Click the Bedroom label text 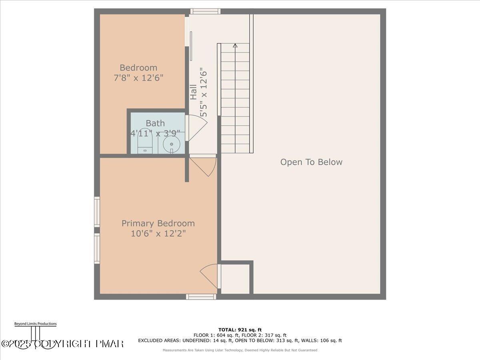coord(138,68)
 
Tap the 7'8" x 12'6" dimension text coord(138,78)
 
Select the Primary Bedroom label coord(158,223)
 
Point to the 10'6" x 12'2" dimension coord(158,233)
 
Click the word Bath coord(155,123)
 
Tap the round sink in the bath coord(172,144)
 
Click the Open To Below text coord(311,162)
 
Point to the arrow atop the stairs coord(235,46)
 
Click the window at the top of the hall coord(205,11)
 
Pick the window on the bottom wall coord(201,297)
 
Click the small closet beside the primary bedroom coord(236,278)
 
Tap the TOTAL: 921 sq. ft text coord(240,330)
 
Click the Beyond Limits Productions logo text coord(35,324)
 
